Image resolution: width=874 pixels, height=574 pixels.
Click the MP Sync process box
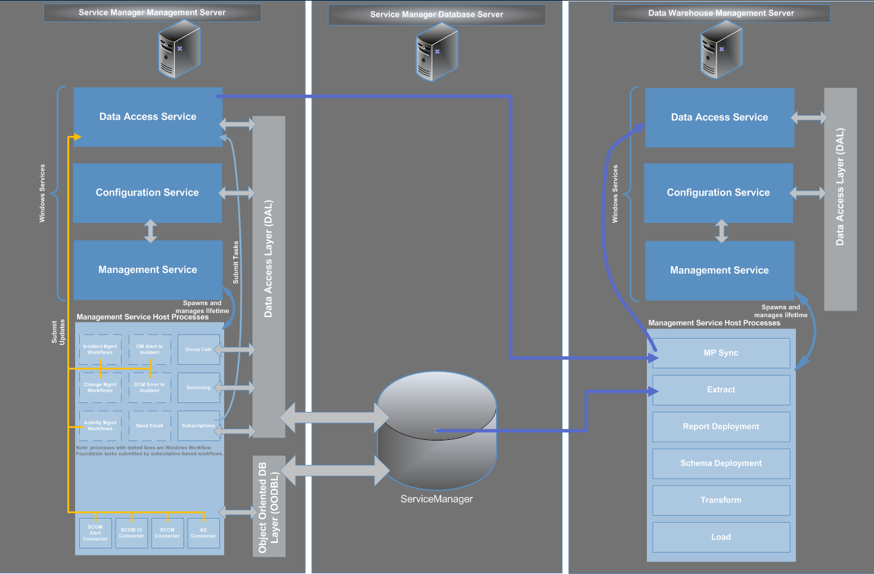coord(721,353)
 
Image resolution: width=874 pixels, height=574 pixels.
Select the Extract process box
coord(721,390)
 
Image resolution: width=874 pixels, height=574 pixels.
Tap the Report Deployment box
coord(721,427)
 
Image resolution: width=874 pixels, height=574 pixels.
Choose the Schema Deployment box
coord(721,464)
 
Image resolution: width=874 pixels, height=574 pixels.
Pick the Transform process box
coord(721,500)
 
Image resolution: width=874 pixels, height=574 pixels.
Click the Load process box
coord(721,537)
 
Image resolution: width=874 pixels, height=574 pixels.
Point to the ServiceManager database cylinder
coord(436,429)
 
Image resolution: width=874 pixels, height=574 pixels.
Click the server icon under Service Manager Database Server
coord(436,52)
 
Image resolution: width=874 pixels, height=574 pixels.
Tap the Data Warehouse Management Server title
coord(721,13)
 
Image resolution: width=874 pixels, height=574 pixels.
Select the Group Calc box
coord(198,349)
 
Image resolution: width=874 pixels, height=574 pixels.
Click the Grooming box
coord(198,387)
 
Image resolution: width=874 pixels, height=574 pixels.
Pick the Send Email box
coord(149,426)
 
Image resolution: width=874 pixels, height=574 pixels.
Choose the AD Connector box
coord(203,533)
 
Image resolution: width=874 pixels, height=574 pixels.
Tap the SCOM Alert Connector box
coord(95,533)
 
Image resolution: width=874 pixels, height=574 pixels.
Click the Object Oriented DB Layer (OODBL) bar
coord(269,507)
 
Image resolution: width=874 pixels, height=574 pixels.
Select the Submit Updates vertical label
coord(58,332)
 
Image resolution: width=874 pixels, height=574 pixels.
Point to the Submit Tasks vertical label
coord(235,262)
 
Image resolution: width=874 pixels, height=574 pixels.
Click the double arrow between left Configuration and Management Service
coord(150,231)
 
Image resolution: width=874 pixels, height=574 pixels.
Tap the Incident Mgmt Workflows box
coord(100,349)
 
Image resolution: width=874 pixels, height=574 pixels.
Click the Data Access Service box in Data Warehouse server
coord(719,117)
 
